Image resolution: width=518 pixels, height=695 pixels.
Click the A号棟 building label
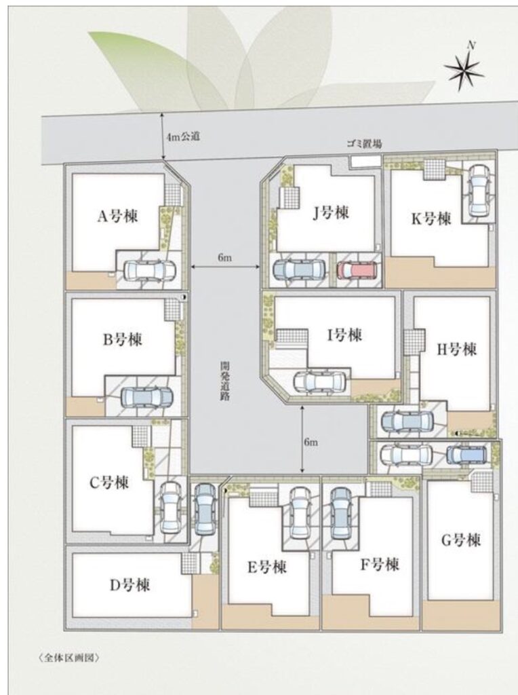[x=117, y=217]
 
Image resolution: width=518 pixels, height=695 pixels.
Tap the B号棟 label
[x=123, y=339]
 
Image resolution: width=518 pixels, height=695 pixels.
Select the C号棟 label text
[x=109, y=483]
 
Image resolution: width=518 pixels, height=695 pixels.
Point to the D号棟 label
[x=129, y=585]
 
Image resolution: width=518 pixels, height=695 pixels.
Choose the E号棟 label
[x=267, y=567]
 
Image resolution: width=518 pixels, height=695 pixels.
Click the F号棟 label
[x=380, y=564]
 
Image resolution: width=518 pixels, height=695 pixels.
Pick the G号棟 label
[x=461, y=540]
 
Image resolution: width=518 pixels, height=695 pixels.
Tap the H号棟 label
[x=457, y=350]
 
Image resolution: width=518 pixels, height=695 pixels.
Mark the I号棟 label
[x=345, y=335]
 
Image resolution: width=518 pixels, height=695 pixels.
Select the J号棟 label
[x=330, y=214]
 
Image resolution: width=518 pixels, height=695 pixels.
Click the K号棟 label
[x=431, y=219]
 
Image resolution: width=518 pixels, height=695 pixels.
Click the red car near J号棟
[x=357, y=270]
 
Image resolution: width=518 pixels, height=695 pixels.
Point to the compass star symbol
[x=462, y=69]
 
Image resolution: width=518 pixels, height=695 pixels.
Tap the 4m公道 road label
[x=183, y=136]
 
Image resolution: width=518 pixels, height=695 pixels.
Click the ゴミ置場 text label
[x=364, y=144]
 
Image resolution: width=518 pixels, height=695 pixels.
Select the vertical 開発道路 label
[x=224, y=381]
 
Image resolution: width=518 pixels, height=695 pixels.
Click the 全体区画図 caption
[x=68, y=657]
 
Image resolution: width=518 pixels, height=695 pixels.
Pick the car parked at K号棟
[x=477, y=190]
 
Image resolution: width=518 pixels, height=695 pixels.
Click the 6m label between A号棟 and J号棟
[x=224, y=258]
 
